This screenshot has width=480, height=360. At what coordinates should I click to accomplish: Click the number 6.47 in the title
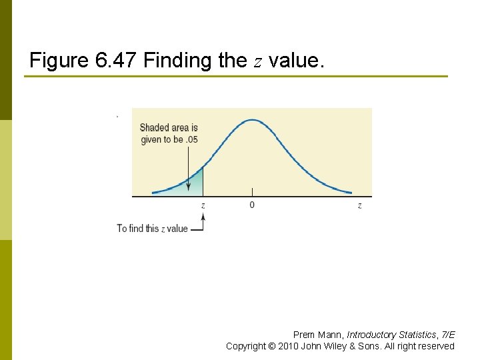click(x=117, y=61)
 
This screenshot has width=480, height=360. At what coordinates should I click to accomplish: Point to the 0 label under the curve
click(x=251, y=205)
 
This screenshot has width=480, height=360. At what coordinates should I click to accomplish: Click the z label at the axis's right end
click(x=360, y=205)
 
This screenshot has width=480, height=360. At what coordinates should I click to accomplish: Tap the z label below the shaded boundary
click(x=203, y=205)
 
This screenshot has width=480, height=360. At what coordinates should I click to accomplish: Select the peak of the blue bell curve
click(x=252, y=120)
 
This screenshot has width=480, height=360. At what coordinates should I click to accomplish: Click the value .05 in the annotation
click(x=191, y=139)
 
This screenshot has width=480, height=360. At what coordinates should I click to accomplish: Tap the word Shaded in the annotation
click(x=154, y=127)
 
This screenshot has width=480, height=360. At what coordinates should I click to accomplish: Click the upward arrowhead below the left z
click(x=203, y=216)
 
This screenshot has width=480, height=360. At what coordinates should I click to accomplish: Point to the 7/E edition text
click(x=447, y=335)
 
